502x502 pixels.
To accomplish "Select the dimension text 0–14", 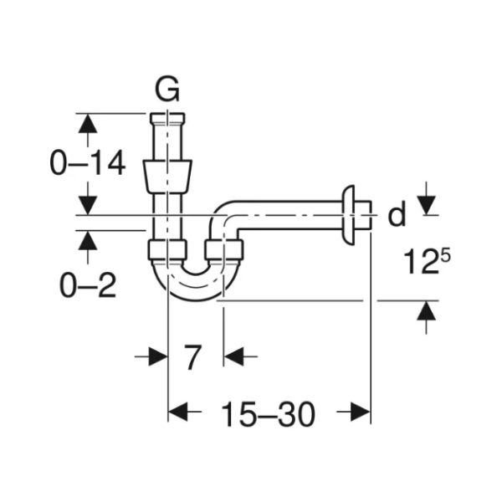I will [88, 163].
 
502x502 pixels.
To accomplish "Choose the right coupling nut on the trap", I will [224, 250].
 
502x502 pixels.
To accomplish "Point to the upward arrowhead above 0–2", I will [86, 240].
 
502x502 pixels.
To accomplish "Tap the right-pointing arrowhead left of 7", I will [158, 357].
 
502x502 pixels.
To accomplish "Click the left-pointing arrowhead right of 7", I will [233, 357].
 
